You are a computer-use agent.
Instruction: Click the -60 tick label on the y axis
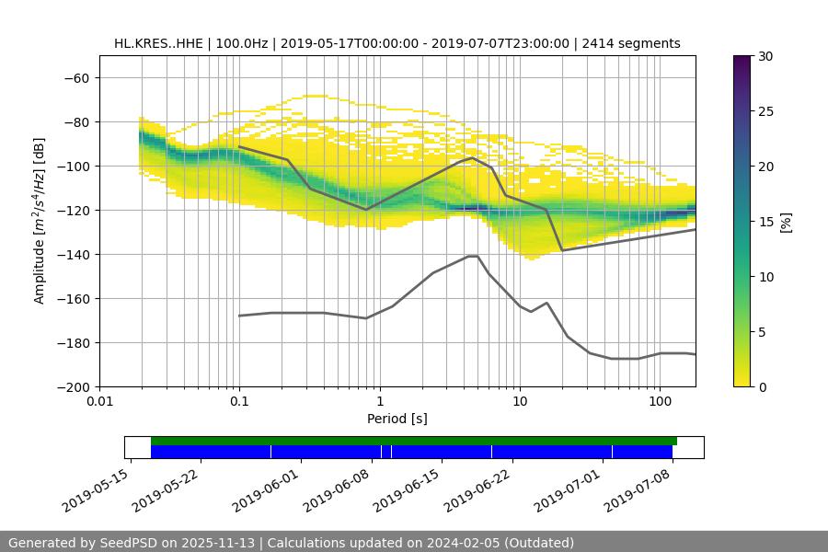point(75,78)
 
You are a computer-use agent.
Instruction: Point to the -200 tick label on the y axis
point(72,387)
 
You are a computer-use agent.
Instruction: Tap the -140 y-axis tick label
point(72,255)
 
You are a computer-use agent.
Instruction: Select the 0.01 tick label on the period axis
point(99,402)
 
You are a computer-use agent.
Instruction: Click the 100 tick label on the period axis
point(660,402)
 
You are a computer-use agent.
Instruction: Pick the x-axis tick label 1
point(379,402)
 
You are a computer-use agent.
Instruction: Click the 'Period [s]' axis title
point(397,419)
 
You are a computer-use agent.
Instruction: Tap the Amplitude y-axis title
point(40,221)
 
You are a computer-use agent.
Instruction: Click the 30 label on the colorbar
point(765,57)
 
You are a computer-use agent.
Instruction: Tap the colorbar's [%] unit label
point(786,222)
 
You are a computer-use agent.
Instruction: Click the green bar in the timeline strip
point(414,442)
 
